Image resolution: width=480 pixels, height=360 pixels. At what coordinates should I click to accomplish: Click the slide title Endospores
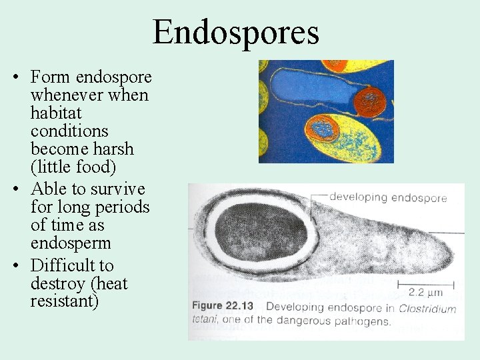pyautogui.click(x=236, y=32)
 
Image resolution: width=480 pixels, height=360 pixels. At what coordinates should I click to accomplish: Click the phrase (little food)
pyautogui.click(x=73, y=167)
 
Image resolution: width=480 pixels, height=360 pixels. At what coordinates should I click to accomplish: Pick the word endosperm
pyautogui.click(x=70, y=243)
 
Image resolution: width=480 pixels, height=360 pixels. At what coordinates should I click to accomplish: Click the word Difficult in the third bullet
pyautogui.click(x=72, y=265)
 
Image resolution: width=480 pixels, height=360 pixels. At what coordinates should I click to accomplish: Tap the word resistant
pyautogui.click(x=64, y=301)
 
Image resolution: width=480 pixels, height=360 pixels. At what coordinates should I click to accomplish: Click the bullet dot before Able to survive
pyautogui.click(x=15, y=190)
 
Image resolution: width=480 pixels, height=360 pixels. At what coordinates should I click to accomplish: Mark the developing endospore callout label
pyautogui.click(x=387, y=197)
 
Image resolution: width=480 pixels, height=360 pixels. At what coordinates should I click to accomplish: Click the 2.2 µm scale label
pyautogui.click(x=425, y=292)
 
